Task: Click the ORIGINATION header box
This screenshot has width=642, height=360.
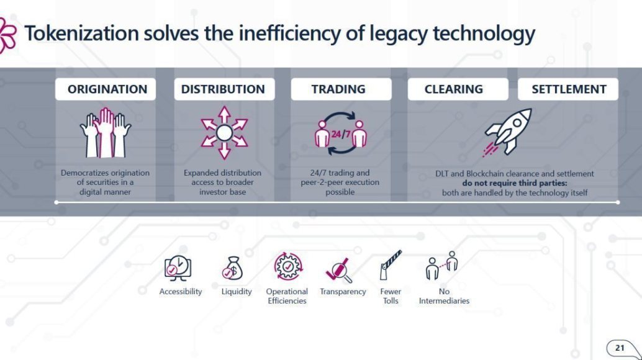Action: tap(106, 89)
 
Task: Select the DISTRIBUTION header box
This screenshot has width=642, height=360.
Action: tap(224, 89)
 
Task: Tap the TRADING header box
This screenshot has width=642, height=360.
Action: tap(341, 89)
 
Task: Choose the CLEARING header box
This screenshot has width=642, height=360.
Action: tap(458, 89)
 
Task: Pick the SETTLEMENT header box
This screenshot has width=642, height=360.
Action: tap(568, 89)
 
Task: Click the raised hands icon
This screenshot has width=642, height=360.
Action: tap(106, 133)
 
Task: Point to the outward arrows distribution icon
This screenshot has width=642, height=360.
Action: tap(224, 133)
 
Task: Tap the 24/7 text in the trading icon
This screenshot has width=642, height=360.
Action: tap(341, 134)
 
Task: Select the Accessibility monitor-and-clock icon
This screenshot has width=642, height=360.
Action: tap(178, 268)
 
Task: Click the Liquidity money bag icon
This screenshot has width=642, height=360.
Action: tap(233, 268)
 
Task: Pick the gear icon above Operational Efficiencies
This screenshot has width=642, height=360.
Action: tap(288, 267)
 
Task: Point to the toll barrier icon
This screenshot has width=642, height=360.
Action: tap(390, 265)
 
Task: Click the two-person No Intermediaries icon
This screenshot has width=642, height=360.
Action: tap(442, 266)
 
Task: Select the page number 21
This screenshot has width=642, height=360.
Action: tap(620, 348)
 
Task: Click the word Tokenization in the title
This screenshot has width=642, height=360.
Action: tap(82, 33)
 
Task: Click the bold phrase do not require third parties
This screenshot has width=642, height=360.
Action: tap(515, 183)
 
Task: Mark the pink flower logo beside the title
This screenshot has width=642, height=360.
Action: tap(7, 35)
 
